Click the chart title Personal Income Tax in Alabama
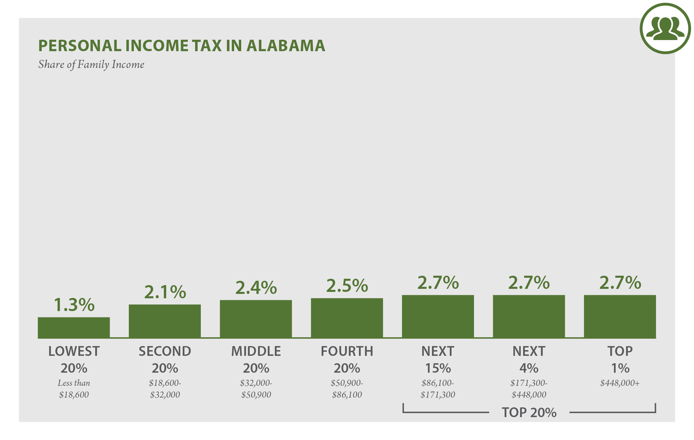tap(182, 46)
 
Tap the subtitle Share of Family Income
tap(91, 64)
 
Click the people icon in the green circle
tap(665, 29)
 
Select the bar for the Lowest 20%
tap(74, 328)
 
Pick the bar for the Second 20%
tap(165, 321)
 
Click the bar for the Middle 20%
tap(256, 319)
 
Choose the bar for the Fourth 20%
tap(347, 318)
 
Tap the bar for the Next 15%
tap(438, 316)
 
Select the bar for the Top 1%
tap(620, 316)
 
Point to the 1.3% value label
tap(74, 305)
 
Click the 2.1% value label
tap(165, 292)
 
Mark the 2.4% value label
tap(256, 287)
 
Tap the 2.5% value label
tap(347, 285)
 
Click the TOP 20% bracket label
tap(529, 412)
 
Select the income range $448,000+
tap(620, 383)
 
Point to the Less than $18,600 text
tap(74, 389)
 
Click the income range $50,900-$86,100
tap(347, 389)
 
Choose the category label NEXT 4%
tap(529, 360)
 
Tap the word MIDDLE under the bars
tap(256, 351)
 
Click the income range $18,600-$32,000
tap(165, 389)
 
